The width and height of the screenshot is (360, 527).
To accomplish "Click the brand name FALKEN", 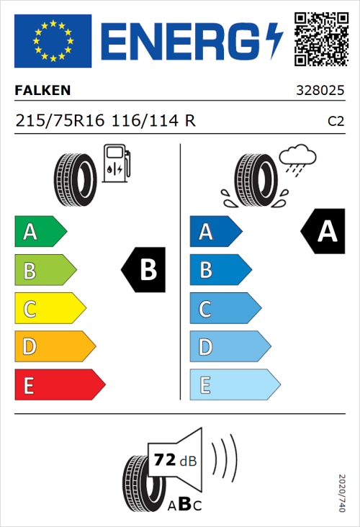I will [x=42, y=91].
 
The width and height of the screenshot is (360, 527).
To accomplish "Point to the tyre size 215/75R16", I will [x=60, y=121].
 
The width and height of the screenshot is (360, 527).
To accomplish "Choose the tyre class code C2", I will [x=336, y=122].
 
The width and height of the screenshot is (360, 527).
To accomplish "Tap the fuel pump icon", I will [x=116, y=163].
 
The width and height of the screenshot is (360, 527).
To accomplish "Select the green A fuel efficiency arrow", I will [x=40, y=232].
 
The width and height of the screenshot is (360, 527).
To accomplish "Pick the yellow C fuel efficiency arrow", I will [x=49, y=309].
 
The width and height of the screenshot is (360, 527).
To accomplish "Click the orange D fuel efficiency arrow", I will [x=54, y=347].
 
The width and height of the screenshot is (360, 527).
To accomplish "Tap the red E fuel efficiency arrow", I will [x=59, y=385].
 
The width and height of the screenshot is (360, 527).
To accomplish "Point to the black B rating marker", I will [x=144, y=270].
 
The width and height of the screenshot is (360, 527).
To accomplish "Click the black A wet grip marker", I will [x=323, y=231].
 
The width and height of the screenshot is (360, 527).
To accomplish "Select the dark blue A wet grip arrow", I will [x=215, y=232].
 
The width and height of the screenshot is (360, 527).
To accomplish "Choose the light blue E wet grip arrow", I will [x=234, y=385].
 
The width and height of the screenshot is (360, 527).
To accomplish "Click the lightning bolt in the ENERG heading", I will [x=274, y=40].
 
